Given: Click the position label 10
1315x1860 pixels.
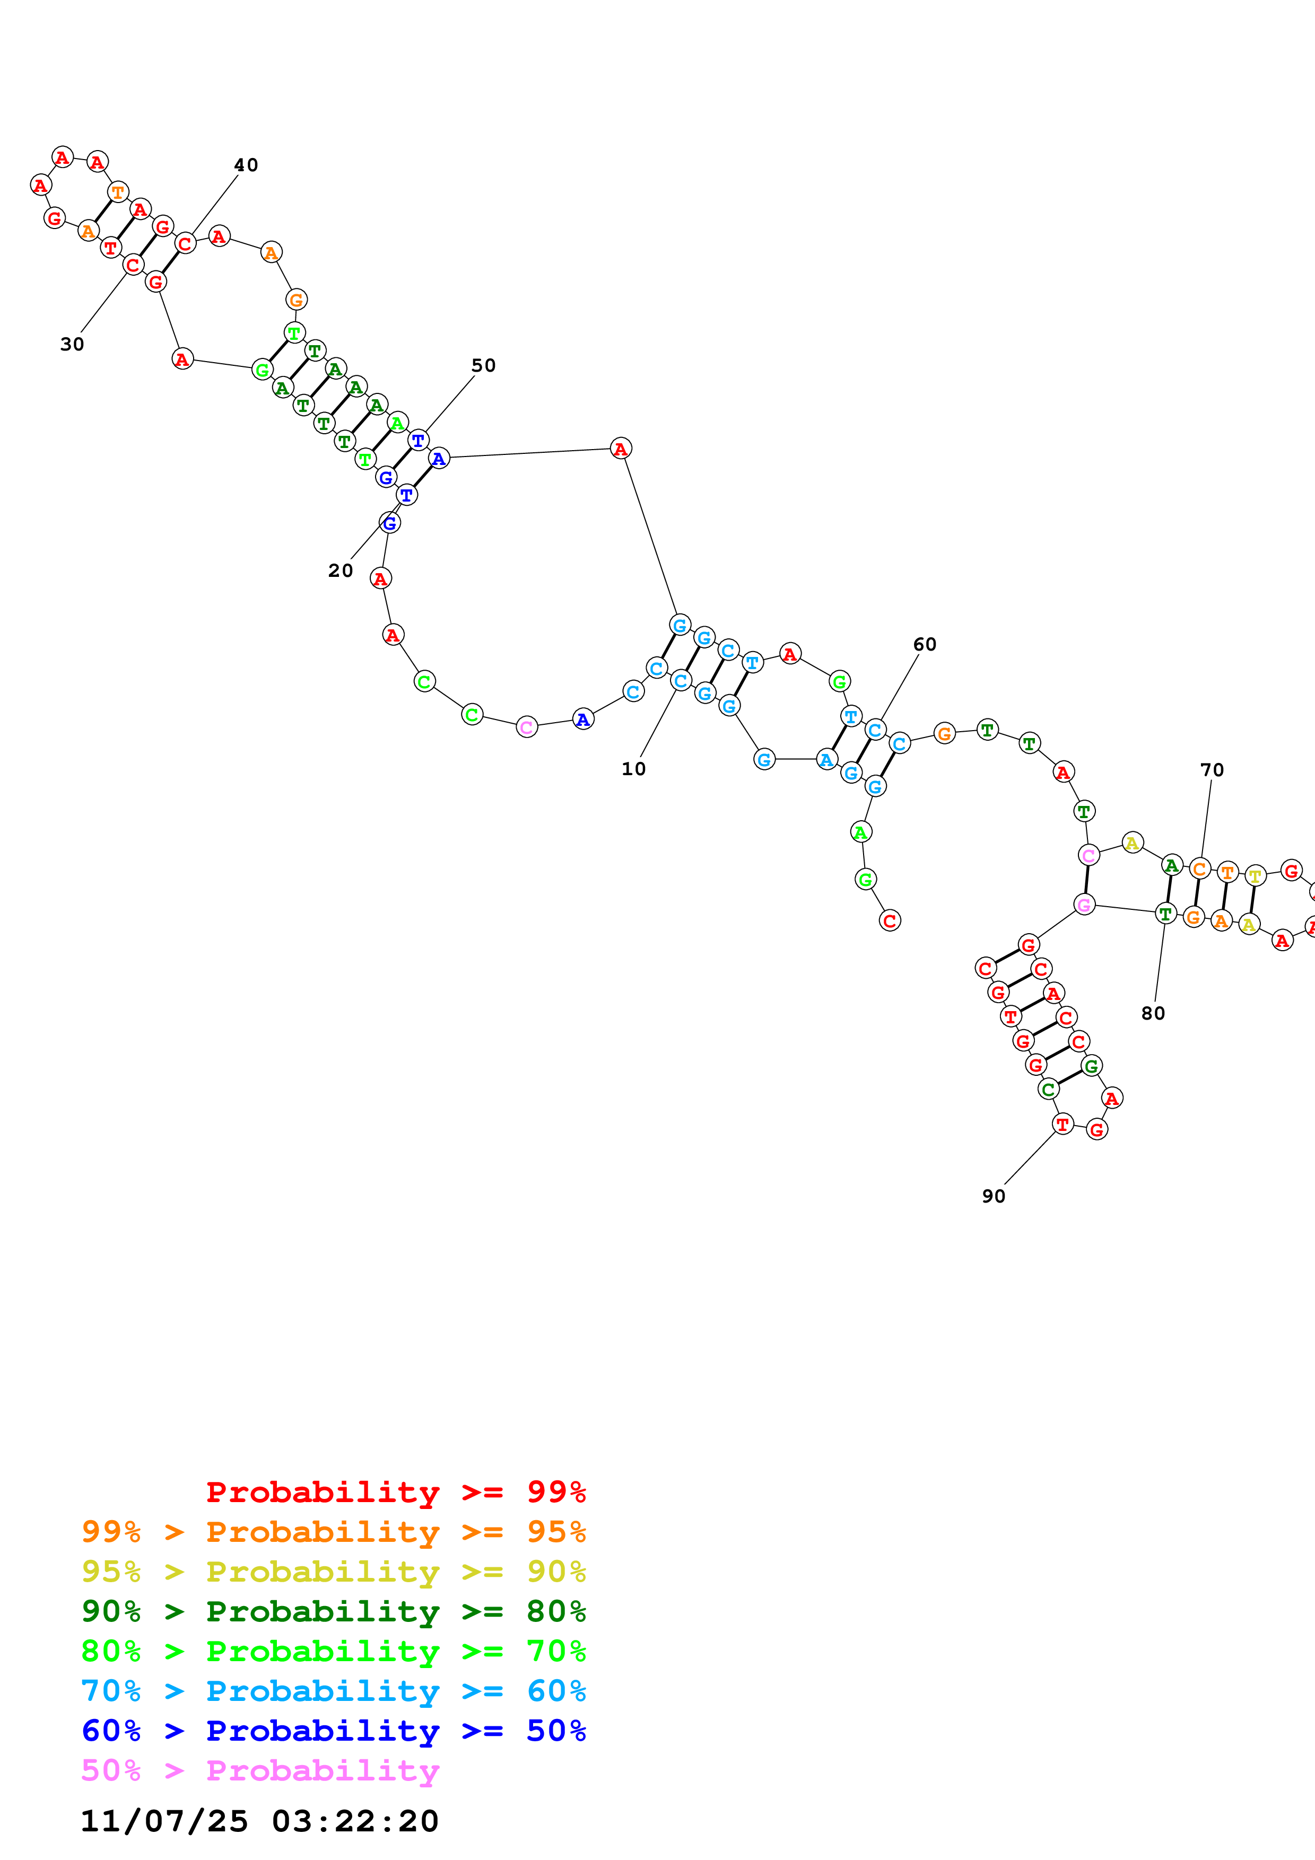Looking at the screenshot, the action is (633, 769).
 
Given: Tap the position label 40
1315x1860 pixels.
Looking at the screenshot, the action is (246, 165).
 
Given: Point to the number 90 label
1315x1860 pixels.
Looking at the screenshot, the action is (994, 1197).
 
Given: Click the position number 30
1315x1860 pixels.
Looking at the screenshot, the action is (72, 344).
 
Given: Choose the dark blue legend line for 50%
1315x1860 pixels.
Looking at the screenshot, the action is (333, 1731).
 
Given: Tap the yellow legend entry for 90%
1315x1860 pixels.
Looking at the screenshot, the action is (333, 1572).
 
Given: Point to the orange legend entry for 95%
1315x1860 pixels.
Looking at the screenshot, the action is (333, 1532).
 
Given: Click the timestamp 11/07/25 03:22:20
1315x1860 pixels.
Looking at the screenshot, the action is (259, 1821).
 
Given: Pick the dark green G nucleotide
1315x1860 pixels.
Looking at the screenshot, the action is (1091, 1066).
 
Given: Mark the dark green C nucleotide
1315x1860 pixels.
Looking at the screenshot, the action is (1048, 1090).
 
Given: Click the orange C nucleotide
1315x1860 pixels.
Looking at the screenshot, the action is (1199, 869).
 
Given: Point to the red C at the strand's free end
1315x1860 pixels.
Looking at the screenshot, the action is (890, 920).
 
